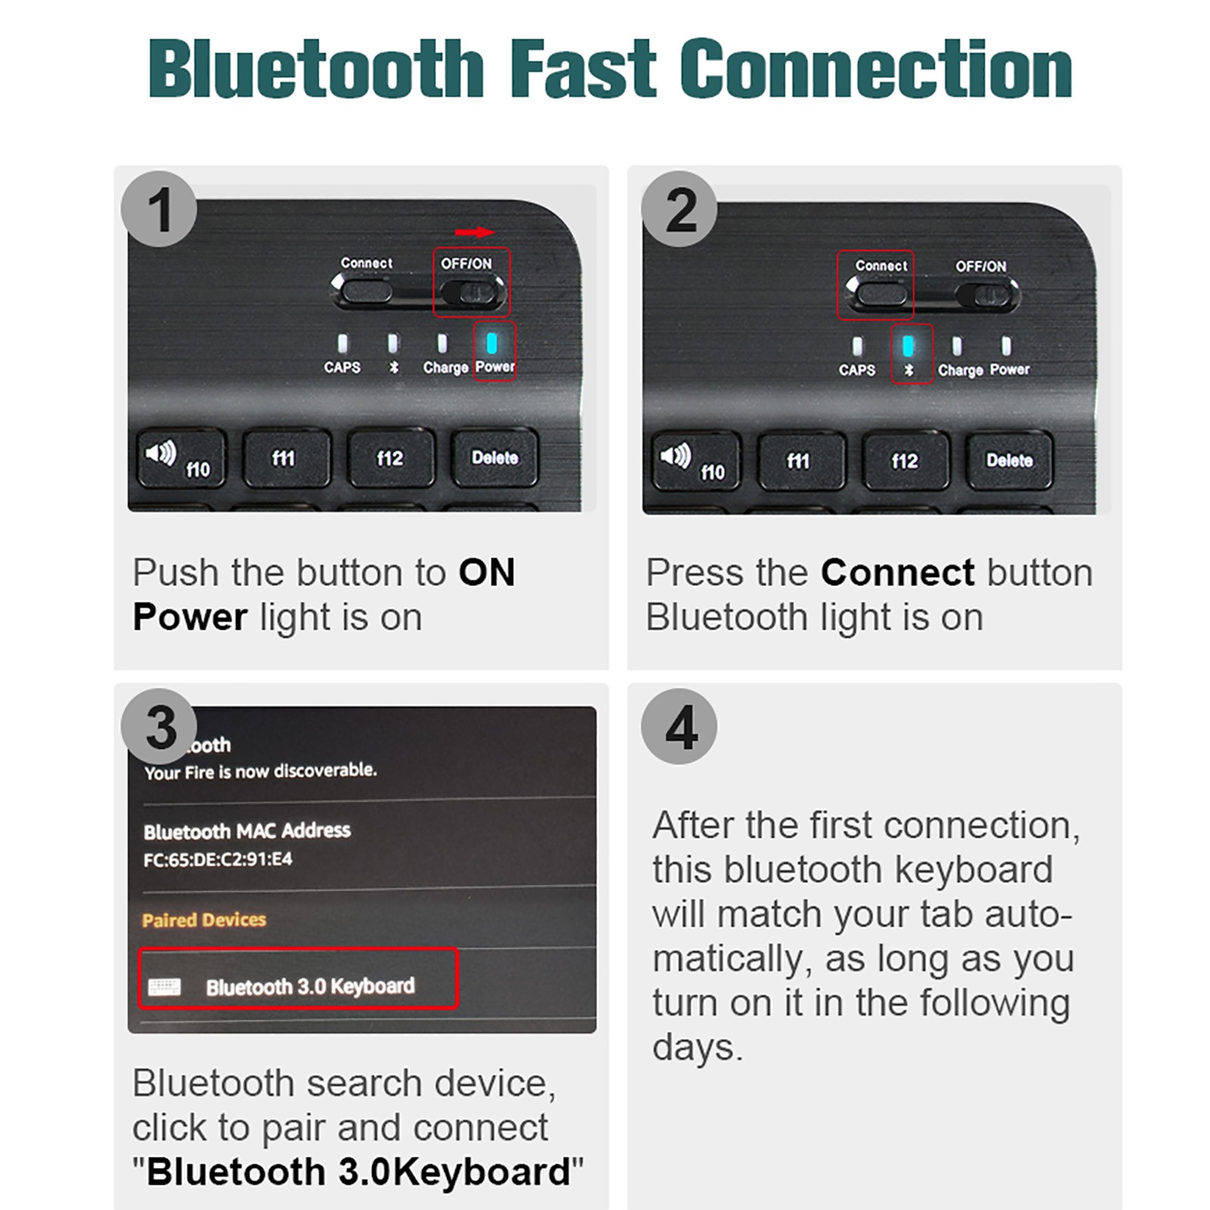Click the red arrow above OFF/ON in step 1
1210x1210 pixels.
click(475, 232)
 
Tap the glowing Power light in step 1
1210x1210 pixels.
click(492, 343)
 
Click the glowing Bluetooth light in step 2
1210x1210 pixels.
click(908, 346)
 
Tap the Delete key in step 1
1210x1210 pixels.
click(495, 458)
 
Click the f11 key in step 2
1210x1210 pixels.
click(799, 461)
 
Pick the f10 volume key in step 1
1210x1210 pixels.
click(180, 459)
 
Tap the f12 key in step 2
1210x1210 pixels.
click(905, 461)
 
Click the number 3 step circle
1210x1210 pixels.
click(160, 726)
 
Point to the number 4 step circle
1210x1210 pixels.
click(679, 726)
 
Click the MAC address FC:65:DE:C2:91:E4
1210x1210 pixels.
click(218, 859)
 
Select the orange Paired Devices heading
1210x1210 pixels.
click(204, 920)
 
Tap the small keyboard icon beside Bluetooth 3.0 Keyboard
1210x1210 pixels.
click(165, 986)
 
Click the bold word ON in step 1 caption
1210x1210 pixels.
click(487, 572)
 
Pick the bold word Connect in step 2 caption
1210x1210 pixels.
click(898, 572)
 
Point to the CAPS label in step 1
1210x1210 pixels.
click(343, 367)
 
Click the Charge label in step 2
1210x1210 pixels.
click(960, 370)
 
